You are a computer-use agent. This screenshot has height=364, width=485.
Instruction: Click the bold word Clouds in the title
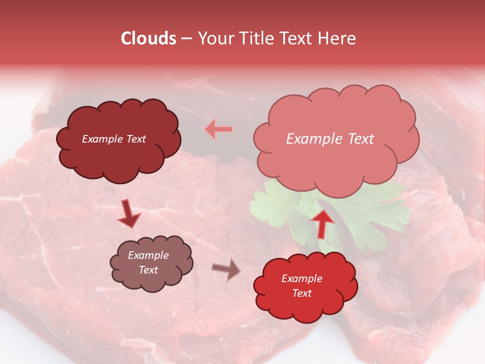point(149,38)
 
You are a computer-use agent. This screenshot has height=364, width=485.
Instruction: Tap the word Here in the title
point(337,38)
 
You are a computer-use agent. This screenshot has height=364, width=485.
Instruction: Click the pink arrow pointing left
point(219,129)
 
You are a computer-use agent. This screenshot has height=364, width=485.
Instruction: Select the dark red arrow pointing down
point(128,213)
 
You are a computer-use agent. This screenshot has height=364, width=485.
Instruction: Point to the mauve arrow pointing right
point(226,269)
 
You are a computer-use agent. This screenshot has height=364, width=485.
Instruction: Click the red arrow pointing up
point(322,222)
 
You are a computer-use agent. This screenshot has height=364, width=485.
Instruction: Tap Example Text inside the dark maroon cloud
point(114,139)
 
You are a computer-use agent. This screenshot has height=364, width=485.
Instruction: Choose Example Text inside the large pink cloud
point(330,139)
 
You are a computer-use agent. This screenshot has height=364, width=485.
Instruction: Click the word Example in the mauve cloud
point(148,255)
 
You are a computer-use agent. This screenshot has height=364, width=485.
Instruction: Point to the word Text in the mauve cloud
point(149,270)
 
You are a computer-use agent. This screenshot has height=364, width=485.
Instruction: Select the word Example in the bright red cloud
point(302,279)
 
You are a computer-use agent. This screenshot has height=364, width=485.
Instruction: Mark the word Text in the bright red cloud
point(302,293)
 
